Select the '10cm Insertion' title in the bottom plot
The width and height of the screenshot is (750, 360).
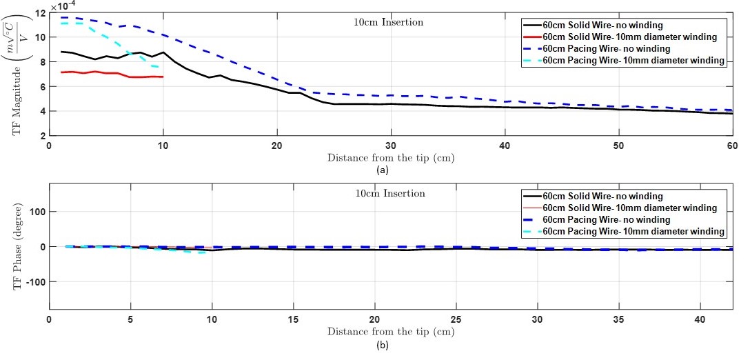[x=390, y=193]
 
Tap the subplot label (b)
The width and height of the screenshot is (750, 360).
[x=381, y=344]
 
